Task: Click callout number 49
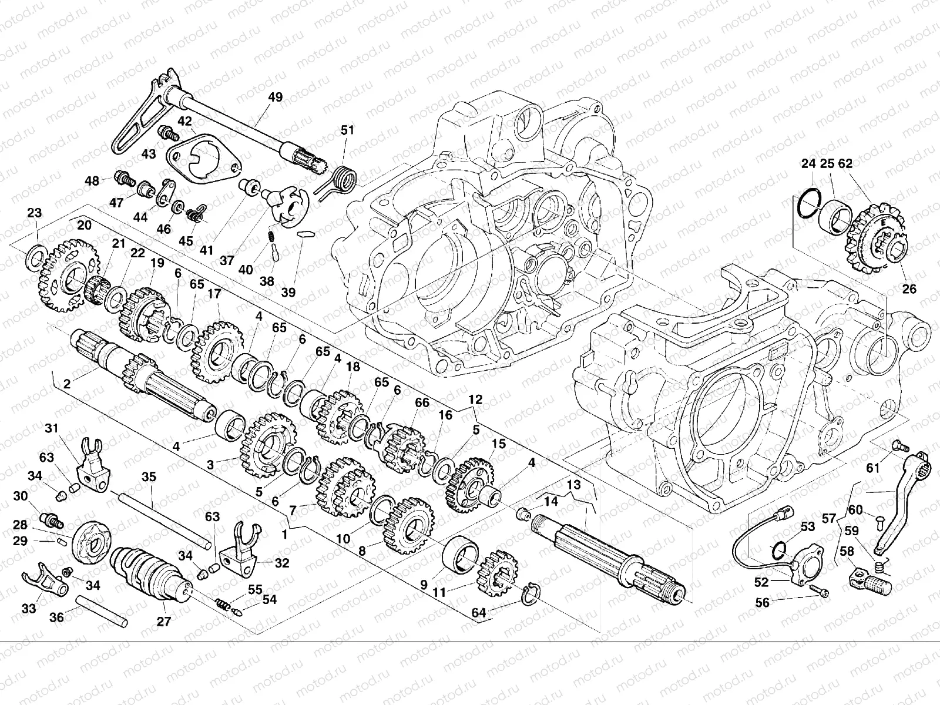pyautogui.click(x=275, y=98)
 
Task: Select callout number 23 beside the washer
pyautogui.click(x=35, y=213)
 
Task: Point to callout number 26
pyautogui.click(x=909, y=288)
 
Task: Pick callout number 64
pyautogui.click(x=479, y=613)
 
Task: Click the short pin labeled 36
pyautogui.click(x=100, y=610)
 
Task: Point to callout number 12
pyautogui.click(x=475, y=399)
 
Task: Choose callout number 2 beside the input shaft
pyautogui.click(x=67, y=384)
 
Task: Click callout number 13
pyautogui.click(x=573, y=485)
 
